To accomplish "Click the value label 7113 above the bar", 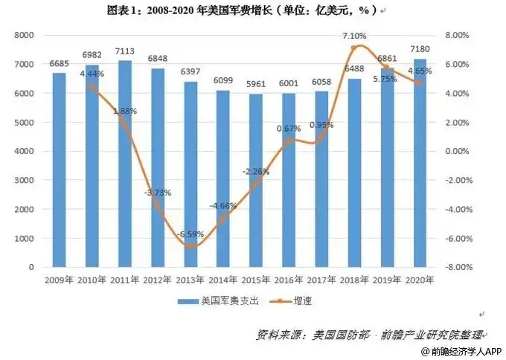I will [x=124, y=51].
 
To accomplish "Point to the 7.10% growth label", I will [x=353, y=36].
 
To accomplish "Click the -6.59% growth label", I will [x=190, y=235].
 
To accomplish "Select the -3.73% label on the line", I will [x=158, y=193].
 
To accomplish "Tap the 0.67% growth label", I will [x=287, y=129].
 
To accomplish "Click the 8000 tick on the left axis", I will [x=25, y=36].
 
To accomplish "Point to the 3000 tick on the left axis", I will [x=25, y=180].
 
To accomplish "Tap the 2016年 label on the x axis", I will [x=289, y=280].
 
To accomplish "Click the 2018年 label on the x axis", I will [x=355, y=280].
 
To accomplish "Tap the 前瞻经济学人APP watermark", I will [x=461, y=351].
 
